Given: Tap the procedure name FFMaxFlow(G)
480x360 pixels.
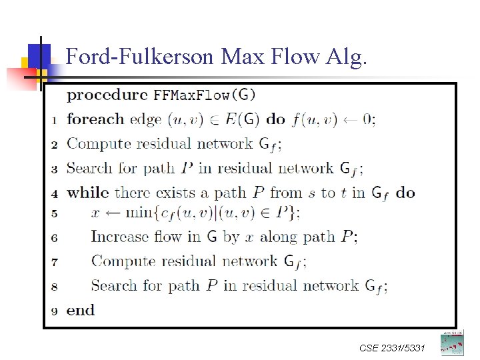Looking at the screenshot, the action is click(205, 95).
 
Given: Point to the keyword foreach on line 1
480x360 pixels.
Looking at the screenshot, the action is click(95, 120).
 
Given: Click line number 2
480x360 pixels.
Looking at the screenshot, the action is click(54, 145).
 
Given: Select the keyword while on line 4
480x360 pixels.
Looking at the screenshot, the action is click(88, 193).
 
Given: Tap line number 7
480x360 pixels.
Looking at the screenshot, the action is click(54, 262).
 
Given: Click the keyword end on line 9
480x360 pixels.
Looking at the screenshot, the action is click(81, 311).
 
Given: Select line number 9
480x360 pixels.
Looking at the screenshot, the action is click(54, 311).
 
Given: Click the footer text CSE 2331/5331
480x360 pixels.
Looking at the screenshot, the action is click(391, 348).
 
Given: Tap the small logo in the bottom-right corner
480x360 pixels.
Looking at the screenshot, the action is click(451, 343).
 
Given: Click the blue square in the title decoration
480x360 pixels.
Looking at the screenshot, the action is click(39, 53).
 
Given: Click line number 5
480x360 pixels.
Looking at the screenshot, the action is click(54, 213).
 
